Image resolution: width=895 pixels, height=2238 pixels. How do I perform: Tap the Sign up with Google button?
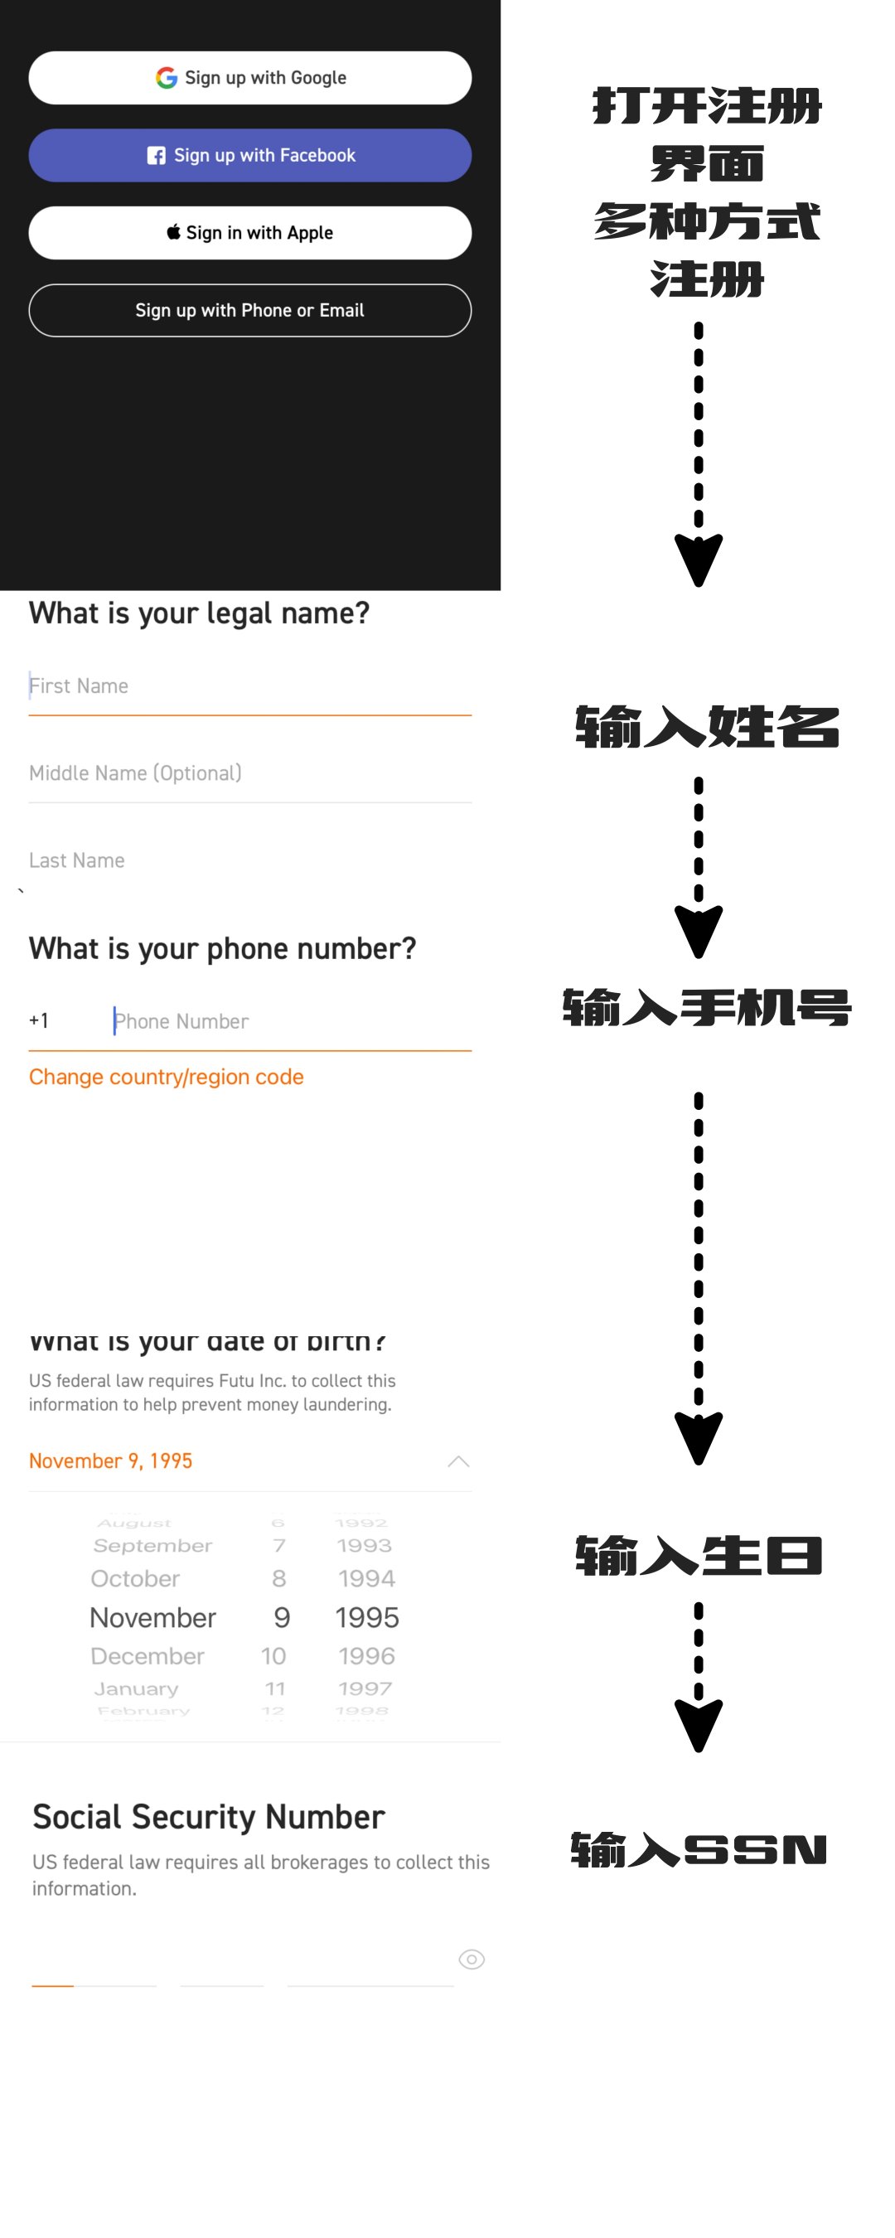click(250, 78)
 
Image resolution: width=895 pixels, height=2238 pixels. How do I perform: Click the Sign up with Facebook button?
click(250, 156)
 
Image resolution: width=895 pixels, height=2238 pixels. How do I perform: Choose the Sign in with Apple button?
click(250, 233)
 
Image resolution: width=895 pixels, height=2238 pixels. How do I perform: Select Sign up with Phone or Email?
click(250, 310)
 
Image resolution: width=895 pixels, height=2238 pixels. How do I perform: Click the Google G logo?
click(166, 78)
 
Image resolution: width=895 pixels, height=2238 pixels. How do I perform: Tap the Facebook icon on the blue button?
click(157, 156)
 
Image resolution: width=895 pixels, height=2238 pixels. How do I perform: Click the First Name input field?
click(250, 686)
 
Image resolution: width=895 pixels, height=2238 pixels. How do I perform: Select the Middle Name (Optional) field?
click(250, 773)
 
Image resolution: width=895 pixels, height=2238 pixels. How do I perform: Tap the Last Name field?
click(250, 860)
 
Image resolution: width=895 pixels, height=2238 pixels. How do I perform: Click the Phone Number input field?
click(291, 1021)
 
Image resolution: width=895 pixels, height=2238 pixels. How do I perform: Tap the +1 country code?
click(39, 1020)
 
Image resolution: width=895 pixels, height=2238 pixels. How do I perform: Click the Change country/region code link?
click(166, 1077)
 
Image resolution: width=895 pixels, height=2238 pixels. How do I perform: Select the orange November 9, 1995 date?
click(110, 1461)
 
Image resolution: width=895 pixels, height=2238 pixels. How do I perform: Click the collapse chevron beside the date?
click(458, 1461)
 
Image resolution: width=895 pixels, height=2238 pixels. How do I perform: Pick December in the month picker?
click(148, 1656)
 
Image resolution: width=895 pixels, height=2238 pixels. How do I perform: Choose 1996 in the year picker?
click(366, 1656)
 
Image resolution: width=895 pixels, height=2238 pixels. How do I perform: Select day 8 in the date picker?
click(279, 1578)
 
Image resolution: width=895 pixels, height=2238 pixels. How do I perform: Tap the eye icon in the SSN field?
click(471, 1959)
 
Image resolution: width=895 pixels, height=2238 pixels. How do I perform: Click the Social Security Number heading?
click(209, 1817)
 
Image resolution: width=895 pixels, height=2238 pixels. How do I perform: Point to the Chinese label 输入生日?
click(699, 1556)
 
